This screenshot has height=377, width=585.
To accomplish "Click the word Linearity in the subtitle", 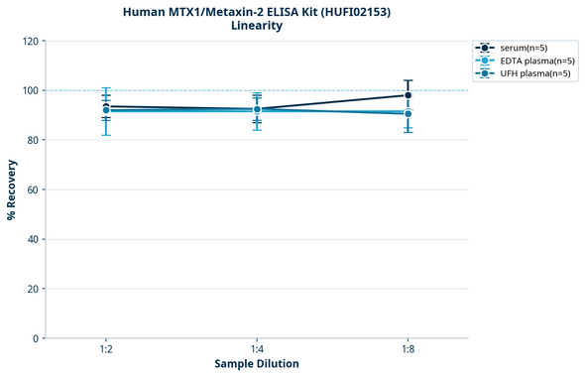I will (257, 26).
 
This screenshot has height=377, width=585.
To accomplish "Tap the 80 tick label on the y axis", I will (31, 141).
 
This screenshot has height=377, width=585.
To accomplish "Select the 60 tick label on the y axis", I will (31, 190).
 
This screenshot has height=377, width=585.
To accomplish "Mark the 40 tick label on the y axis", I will (31, 240).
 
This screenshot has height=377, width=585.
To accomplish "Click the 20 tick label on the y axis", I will (31, 290).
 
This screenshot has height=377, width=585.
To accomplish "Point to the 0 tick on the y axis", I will (35, 339).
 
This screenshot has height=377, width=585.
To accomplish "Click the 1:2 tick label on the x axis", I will (106, 350).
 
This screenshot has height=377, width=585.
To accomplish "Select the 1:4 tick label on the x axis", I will (257, 350).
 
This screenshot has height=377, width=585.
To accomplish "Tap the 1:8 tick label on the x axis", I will (408, 350).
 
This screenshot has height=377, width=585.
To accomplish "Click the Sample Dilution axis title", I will (257, 364).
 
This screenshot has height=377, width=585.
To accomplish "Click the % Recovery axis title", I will (12, 189).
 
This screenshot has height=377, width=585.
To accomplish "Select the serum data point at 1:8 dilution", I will (408, 95).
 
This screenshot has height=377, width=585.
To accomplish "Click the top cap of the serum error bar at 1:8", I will (408, 80).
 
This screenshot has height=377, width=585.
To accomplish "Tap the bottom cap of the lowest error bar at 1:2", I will (106, 135).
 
